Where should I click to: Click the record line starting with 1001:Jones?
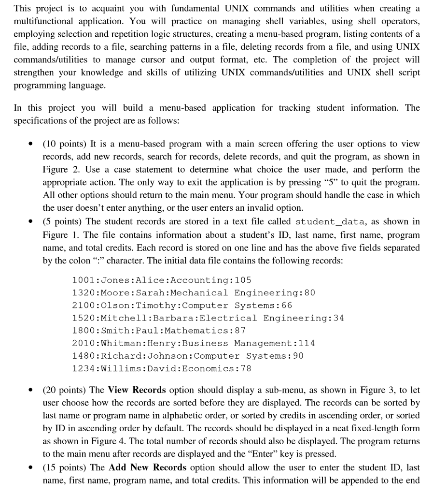(x=161, y=280)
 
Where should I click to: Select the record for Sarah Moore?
(x=193, y=293)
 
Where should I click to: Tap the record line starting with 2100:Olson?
(x=182, y=306)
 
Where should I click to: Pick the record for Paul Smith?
(x=158, y=331)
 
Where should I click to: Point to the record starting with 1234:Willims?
(x=161, y=368)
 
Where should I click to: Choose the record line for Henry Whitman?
(x=193, y=343)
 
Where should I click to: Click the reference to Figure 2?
(x=58, y=170)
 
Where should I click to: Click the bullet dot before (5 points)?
(x=31, y=222)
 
